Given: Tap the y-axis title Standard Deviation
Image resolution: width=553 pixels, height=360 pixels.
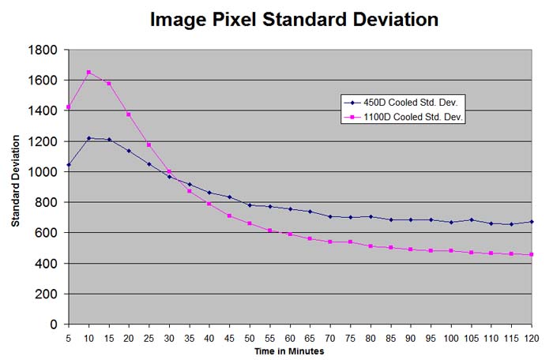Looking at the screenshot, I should [15, 186].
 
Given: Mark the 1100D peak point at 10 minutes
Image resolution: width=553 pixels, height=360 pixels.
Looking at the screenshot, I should [88, 73].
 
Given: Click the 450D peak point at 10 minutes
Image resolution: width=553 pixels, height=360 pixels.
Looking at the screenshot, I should [88, 138].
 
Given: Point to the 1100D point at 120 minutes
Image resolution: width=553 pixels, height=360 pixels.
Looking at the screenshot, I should [531, 254].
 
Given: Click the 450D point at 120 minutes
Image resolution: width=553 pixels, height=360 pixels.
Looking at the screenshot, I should [531, 222].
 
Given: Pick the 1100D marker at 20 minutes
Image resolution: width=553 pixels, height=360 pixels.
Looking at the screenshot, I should [129, 114].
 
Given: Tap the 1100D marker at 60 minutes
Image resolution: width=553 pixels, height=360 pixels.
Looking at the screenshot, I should [290, 234].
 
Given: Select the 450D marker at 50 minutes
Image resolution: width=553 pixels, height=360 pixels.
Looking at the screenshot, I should [250, 205].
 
